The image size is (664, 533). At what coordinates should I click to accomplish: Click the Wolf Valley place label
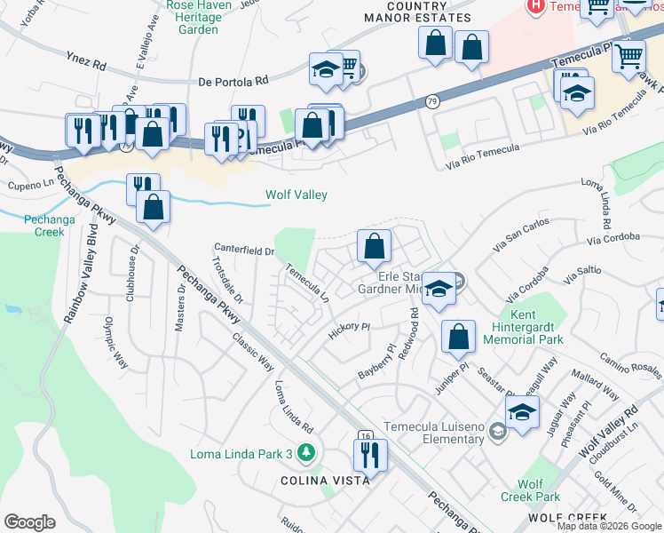click(296, 195)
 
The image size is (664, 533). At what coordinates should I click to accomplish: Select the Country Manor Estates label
click(417, 12)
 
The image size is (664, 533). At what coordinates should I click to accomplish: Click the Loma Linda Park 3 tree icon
click(305, 454)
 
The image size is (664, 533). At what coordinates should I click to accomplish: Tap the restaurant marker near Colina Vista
click(370, 455)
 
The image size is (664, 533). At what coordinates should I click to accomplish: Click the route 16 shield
click(365, 435)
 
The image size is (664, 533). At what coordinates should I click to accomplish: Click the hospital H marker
click(536, 6)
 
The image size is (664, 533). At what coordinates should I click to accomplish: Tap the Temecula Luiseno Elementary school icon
click(497, 432)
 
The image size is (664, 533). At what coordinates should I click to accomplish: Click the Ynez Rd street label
click(86, 65)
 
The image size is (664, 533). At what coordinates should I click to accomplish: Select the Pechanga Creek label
click(44, 225)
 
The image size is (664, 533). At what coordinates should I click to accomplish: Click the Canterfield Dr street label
click(244, 250)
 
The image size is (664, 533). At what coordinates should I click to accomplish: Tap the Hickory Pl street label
click(348, 327)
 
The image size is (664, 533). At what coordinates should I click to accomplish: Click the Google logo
click(29, 522)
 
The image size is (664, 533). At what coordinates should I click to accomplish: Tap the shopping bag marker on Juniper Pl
click(457, 338)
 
